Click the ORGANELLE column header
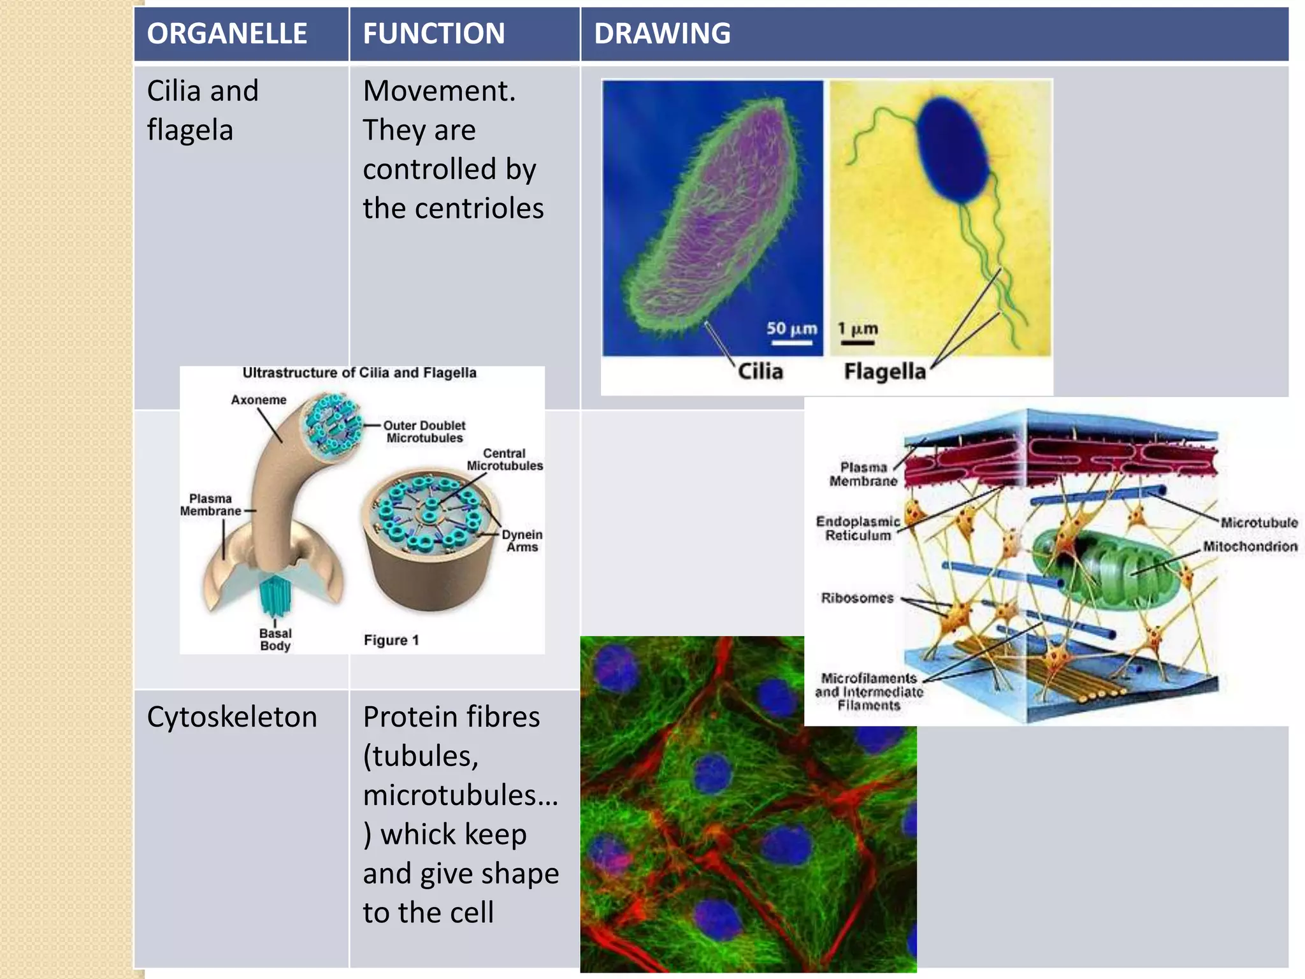point(227,34)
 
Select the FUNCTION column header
point(433,34)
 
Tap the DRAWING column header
point(662,34)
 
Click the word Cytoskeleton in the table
point(232,717)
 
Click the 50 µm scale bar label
point(791,329)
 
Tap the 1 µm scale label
point(858,329)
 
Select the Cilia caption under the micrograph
point(760,371)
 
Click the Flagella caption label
point(884,371)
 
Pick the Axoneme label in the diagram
point(258,400)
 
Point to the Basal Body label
point(275,639)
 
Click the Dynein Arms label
point(522,540)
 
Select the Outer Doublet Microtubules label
point(424,431)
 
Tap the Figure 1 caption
point(391,640)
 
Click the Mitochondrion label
point(1250,546)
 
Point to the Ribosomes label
point(857,598)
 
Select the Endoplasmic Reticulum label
point(858,528)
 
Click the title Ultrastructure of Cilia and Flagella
point(359,373)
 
